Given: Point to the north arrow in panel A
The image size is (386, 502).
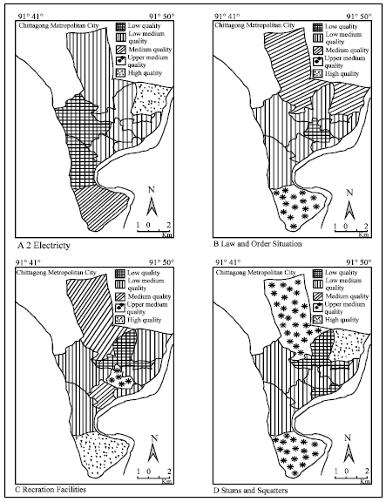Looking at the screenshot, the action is coord(151,206).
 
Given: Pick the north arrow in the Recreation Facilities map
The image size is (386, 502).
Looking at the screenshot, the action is coord(151,453).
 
